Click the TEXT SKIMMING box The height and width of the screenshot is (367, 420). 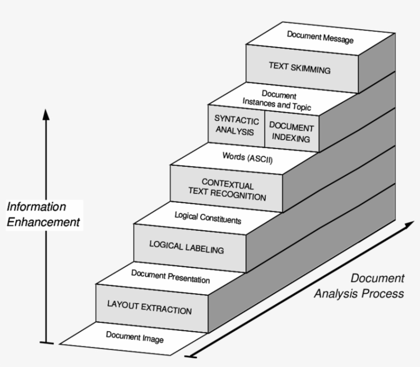[300, 68]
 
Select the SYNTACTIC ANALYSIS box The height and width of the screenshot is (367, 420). [236, 125]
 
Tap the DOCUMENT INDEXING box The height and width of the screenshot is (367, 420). [291, 132]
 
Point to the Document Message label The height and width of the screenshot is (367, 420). [320, 37]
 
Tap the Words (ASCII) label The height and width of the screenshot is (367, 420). [247, 159]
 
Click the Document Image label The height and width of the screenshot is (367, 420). [135, 337]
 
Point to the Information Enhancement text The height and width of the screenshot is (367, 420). [43, 214]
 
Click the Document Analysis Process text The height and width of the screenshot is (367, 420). [360, 286]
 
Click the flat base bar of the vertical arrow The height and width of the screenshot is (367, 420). [46, 342]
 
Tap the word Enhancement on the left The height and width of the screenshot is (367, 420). [43, 222]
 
